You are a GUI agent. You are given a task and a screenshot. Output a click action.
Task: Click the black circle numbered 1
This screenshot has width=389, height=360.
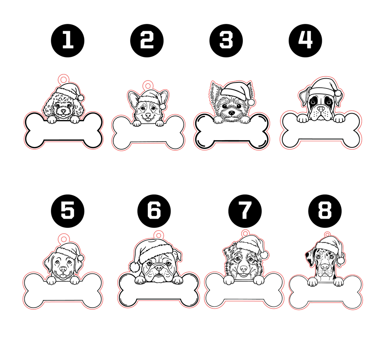pyautogui.click(x=68, y=41)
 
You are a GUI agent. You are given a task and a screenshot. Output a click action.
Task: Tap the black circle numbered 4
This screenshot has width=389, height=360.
pyautogui.click(x=305, y=41)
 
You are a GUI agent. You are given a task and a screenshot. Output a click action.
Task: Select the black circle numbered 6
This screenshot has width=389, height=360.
pyautogui.click(x=154, y=211)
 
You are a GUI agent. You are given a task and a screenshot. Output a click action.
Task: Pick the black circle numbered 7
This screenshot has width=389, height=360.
pyautogui.click(x=245, y=211)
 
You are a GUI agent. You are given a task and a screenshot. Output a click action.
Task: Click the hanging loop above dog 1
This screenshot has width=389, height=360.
pyautogui.click(x=63, y=79)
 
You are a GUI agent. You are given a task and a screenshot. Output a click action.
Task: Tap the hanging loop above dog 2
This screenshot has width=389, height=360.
pyautogui.click(x=148, y=85)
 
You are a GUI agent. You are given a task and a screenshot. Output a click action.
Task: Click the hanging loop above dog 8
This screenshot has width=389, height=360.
pyautogui.click(x=327, y=235)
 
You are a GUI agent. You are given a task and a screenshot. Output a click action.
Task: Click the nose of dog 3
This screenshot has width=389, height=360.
pyautogui.click(x=231, y=113)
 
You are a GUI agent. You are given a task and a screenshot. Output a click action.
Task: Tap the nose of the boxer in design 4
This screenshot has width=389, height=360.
pyautogui.click(x=321, y=109)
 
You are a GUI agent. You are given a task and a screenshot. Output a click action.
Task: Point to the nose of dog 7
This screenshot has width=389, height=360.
pyautogui.click(x=244, y=268)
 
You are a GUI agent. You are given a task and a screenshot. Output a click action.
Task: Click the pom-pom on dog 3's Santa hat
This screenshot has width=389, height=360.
pyautogui.click(x=251, y=102)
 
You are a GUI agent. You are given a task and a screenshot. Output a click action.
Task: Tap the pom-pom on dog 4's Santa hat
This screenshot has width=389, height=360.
pyautogui.click(x=338, y=93)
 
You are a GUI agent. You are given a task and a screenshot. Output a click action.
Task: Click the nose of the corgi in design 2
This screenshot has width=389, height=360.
pyautogui.click(x=148, y=115)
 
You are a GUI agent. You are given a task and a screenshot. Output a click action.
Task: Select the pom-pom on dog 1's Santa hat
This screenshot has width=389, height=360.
pyautogui.click(x=81, y=98)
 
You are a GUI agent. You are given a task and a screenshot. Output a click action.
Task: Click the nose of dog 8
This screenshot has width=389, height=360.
pyautogui.click(x=325, y=267)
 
